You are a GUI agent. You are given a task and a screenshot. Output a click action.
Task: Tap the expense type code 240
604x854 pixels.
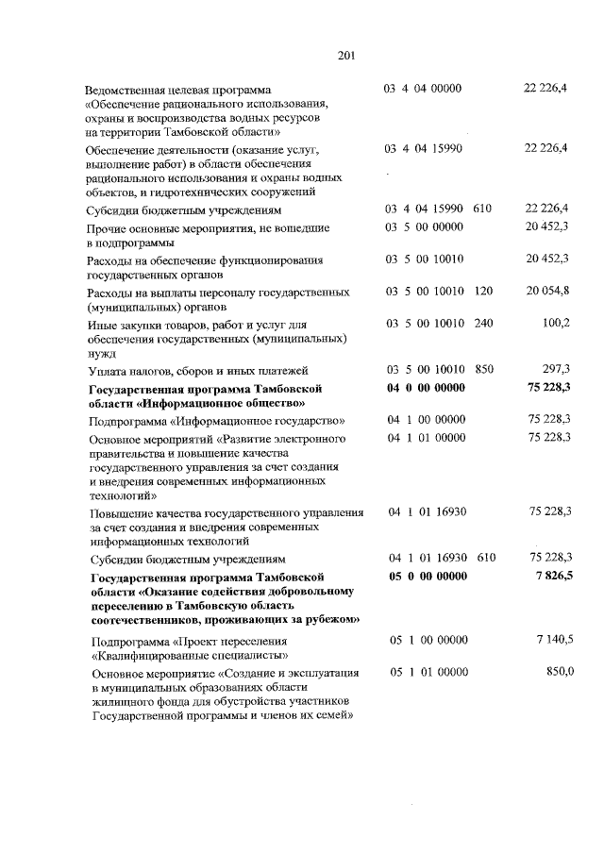[x=484, y=324]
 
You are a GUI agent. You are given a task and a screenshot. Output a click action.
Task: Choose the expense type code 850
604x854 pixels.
[x=484, y=370]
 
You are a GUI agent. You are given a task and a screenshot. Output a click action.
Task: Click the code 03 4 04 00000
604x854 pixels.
[x=423, y=88]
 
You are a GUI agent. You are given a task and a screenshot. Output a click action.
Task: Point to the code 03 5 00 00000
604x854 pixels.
[x=424, y=227]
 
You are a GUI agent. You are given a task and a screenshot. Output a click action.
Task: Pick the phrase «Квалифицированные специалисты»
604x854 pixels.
[x=190, y=655]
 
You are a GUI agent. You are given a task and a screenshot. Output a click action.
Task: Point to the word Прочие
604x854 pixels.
[x=106, y=228]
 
